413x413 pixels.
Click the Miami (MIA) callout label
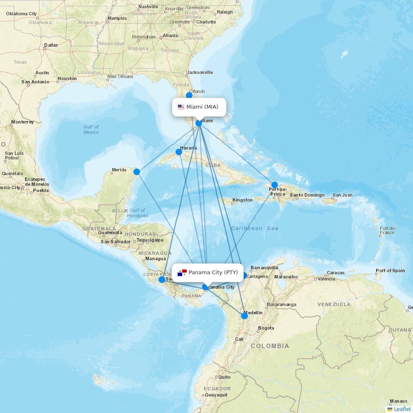coord(199,107)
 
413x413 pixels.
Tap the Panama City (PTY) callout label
coord(208,273)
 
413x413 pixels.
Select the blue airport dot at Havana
coord(179,152)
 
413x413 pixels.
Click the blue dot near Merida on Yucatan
coord(137,172)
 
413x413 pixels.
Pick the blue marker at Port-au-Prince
coord(275,185)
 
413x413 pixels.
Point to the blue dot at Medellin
coord(244,316)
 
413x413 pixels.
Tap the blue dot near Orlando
coord(189,95)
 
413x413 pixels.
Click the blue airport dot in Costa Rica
coord(161,280)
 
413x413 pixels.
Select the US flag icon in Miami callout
coord(181,107)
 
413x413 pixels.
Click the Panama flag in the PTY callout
coord(182,273)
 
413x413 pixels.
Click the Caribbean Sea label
coord(254,228)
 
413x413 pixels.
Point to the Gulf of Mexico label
coord(91,129)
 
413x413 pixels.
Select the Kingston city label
coord(242,200)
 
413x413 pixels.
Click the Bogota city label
coord(266,328)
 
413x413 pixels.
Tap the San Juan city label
coord(343,195)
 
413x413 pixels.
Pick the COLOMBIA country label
coord(270,346)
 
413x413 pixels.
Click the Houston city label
coord(67,78)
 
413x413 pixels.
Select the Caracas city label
coord(335,273)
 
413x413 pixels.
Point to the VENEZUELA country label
coord(334,304)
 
